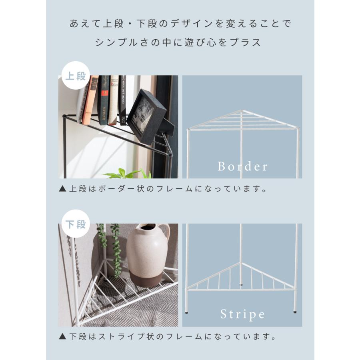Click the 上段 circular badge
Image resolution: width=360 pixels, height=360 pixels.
[76, 76]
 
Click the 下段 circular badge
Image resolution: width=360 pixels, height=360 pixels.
[76, 224]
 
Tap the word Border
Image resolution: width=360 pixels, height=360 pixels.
[242, 166]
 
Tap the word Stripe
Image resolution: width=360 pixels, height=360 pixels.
[242, 314]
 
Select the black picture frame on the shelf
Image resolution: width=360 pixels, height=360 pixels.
[146, 116]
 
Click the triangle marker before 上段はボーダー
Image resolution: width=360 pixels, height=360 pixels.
[62, 189]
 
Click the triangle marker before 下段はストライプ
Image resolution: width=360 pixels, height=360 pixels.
[62, 337]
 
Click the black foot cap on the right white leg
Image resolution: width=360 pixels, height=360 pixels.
[295, 310]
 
